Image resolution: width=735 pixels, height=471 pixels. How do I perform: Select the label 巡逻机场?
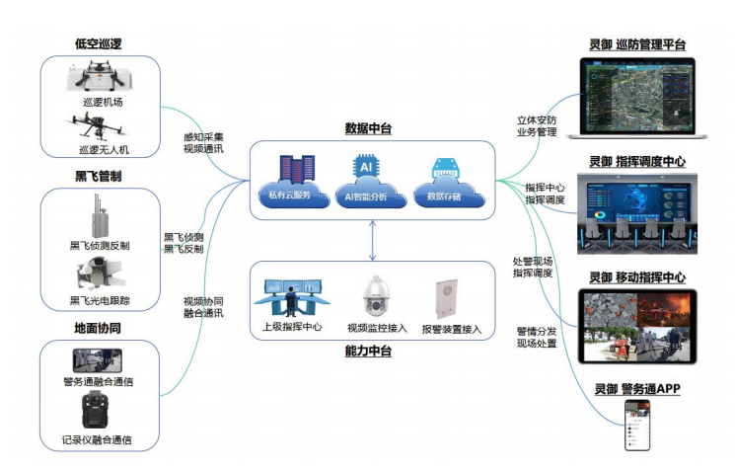tap(103, 101)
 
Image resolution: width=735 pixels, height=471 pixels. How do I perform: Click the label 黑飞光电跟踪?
tap(101, 300)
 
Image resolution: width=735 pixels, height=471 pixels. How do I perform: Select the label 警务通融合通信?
tap(98, 380)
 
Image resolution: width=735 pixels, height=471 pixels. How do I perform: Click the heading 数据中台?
tap(369, 128)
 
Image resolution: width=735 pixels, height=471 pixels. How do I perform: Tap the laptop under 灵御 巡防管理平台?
tap(636, 98)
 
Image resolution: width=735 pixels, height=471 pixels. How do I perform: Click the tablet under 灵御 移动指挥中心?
tap(636, 326)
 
